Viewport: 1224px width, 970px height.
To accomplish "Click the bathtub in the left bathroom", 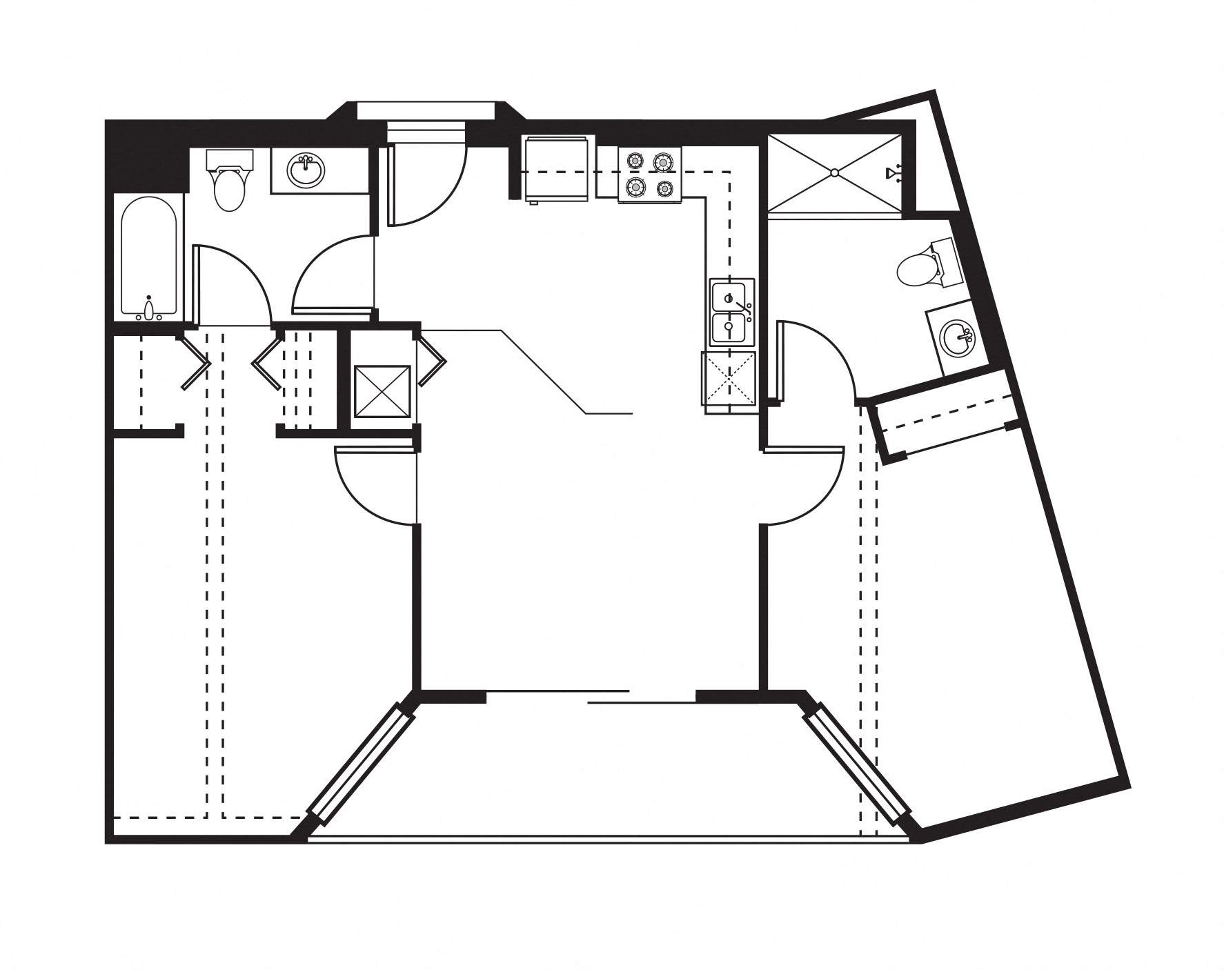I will click(x=149, y=255).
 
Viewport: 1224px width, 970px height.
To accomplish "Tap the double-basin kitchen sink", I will click(x=732, y=312).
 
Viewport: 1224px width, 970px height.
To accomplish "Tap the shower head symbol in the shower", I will click(x=894, y=172).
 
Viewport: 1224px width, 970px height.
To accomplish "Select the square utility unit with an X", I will click(x=382, y=391).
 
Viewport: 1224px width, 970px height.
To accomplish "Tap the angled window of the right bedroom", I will click(x=858, y=762).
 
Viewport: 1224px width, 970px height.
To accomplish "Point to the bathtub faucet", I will click(x=148, y=309).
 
